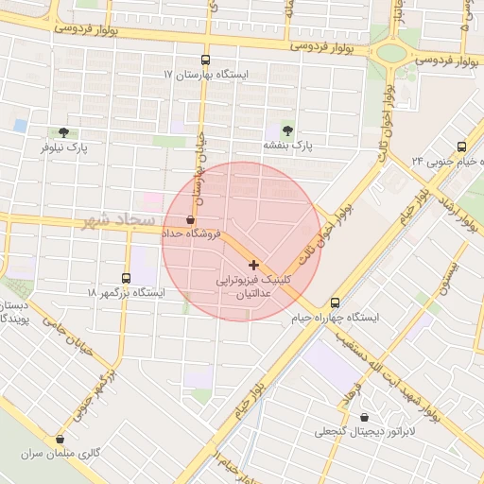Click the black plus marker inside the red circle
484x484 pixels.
pos(253,264)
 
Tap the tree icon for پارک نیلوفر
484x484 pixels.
pos(64,132)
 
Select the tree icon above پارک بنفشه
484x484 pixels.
pos(286,130)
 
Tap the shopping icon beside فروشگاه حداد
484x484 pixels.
pos(192,218)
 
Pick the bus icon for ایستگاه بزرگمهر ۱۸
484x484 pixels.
pos(127,278)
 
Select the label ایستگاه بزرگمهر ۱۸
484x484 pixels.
pos(126,293)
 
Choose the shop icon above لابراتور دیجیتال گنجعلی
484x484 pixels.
pos(365,418)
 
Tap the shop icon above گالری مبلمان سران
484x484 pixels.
pos(61,439)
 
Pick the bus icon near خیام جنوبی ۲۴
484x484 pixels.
pos(461,147)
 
